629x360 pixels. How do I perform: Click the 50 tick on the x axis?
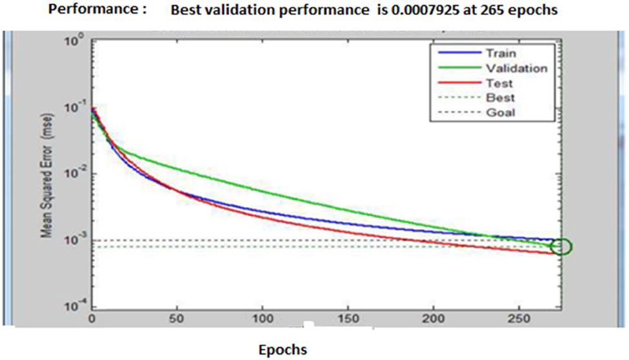click(x=177, y=319)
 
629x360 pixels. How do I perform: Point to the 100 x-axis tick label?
click(x=261, y=319)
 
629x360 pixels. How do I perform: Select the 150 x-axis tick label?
click(x=347, y=319)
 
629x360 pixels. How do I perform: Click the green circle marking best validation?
click(x=561, y=246)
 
